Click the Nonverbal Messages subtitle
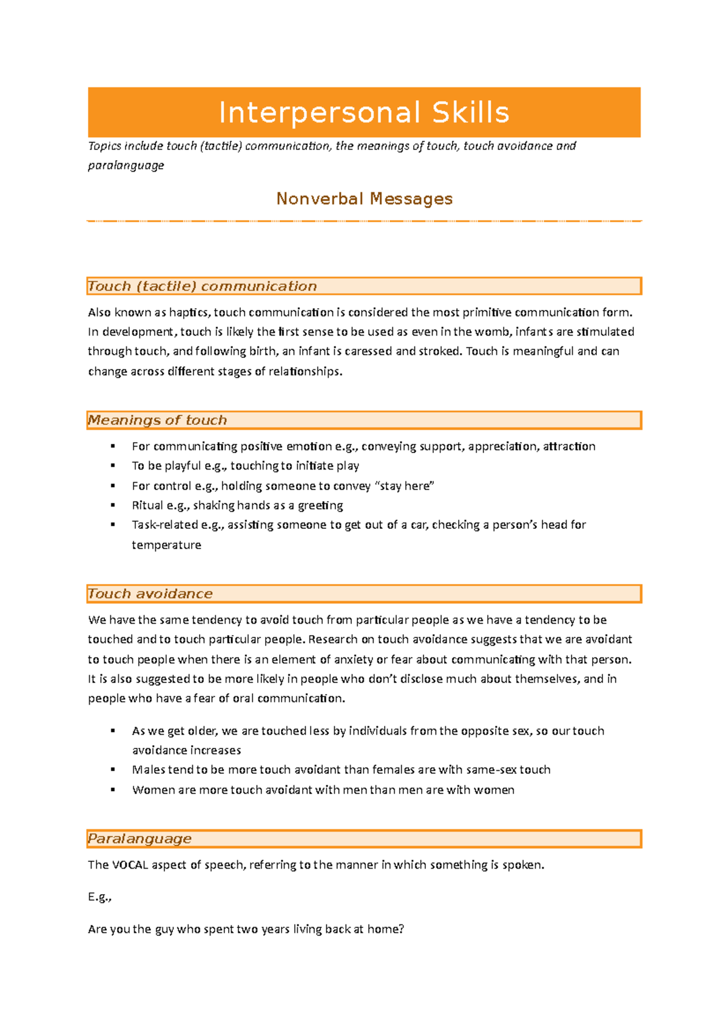364,199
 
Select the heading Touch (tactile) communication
202,286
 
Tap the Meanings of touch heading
157,420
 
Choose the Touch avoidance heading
150,594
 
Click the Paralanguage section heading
140,839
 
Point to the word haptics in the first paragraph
189,313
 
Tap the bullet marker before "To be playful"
113,466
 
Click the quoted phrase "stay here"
405,486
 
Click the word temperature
166,545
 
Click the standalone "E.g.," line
100,897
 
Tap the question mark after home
401,929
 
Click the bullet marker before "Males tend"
113,770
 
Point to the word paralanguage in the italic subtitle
126,166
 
